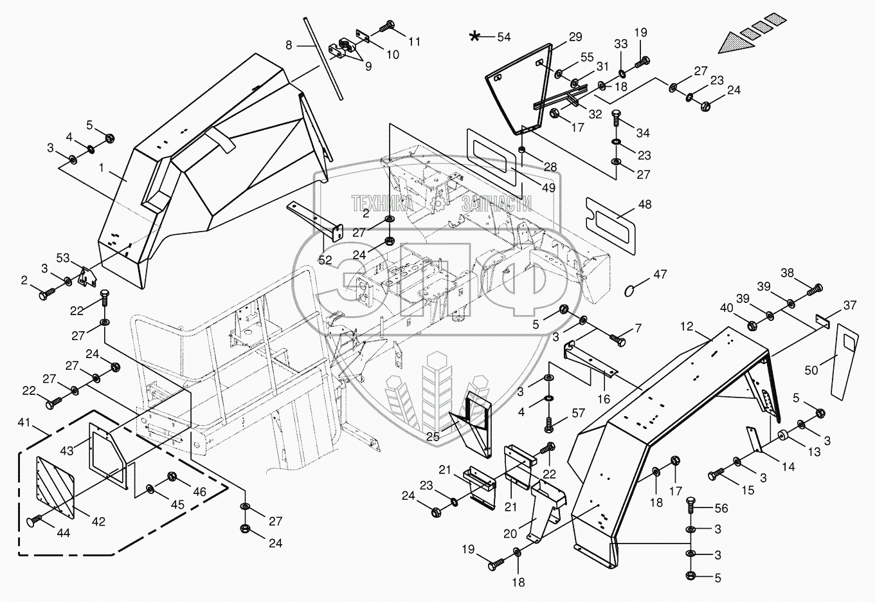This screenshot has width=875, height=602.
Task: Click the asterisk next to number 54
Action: point(474,36)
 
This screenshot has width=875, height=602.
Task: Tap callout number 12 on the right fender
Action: point(686,327)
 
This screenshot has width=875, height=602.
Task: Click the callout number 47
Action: point(660,275)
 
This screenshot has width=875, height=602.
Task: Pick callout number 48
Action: point(644,205)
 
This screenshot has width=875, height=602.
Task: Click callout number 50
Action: point(811,370)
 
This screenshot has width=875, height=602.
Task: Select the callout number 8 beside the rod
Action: point(289,45)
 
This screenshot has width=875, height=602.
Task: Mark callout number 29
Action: point(575,37)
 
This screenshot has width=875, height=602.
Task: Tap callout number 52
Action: point(325,259)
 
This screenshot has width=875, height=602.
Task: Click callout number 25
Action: point(433,437)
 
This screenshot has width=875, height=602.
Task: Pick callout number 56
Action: point(721,508)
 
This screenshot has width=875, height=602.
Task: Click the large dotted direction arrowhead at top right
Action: point(735,44)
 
